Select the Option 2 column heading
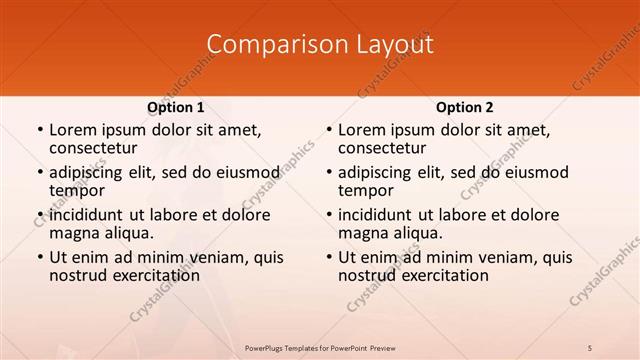pos(464,107)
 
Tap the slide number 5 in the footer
pos(590,346)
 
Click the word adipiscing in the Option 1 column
pos(91,173)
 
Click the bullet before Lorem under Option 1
pos(39,131)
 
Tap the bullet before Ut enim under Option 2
pos(328,258)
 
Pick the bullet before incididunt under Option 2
pos(328,216)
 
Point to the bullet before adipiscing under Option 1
pos(39,174)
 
